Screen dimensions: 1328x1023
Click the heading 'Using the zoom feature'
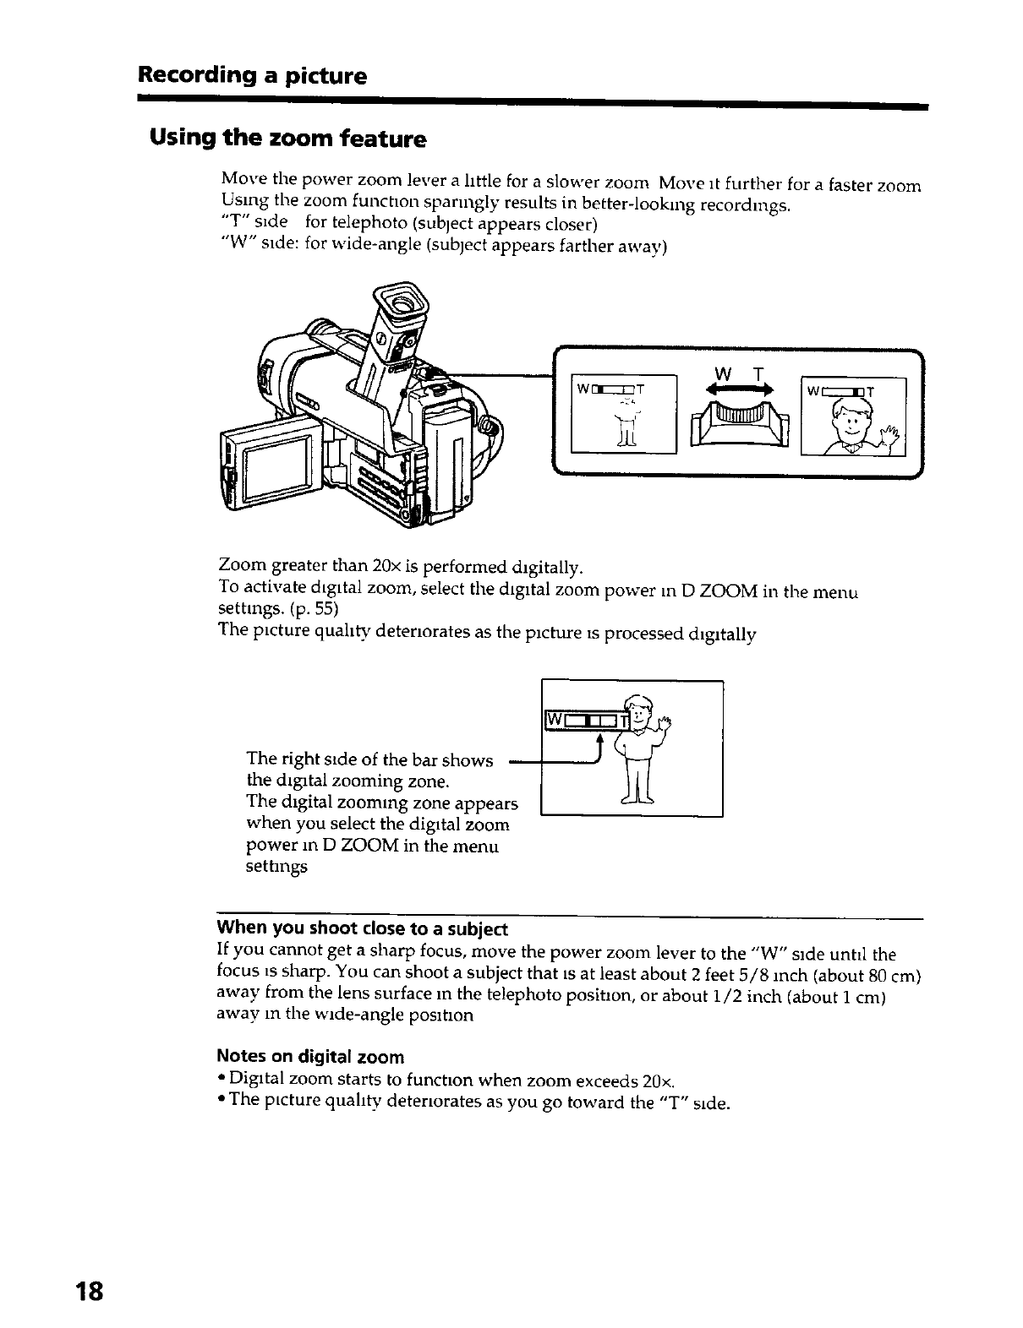pos(287,138)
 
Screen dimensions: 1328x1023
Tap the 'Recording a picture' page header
pos(253,76)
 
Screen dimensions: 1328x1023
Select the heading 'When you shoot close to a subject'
pos(363,929)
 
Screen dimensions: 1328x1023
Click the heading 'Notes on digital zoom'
pos(310,1057)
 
